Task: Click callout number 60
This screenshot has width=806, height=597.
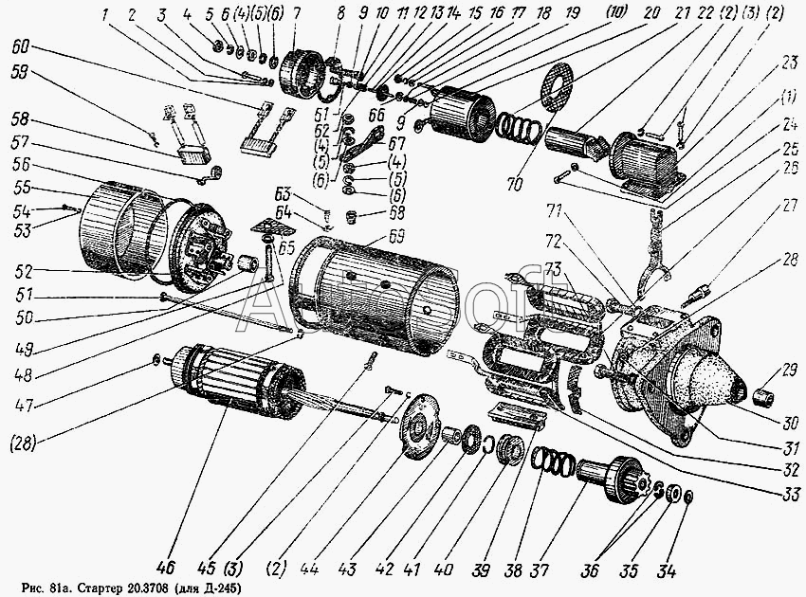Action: tap(21, 45)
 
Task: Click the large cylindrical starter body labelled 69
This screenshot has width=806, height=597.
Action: tap(379, 289)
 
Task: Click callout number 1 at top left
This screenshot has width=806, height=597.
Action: tap(106, 15)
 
